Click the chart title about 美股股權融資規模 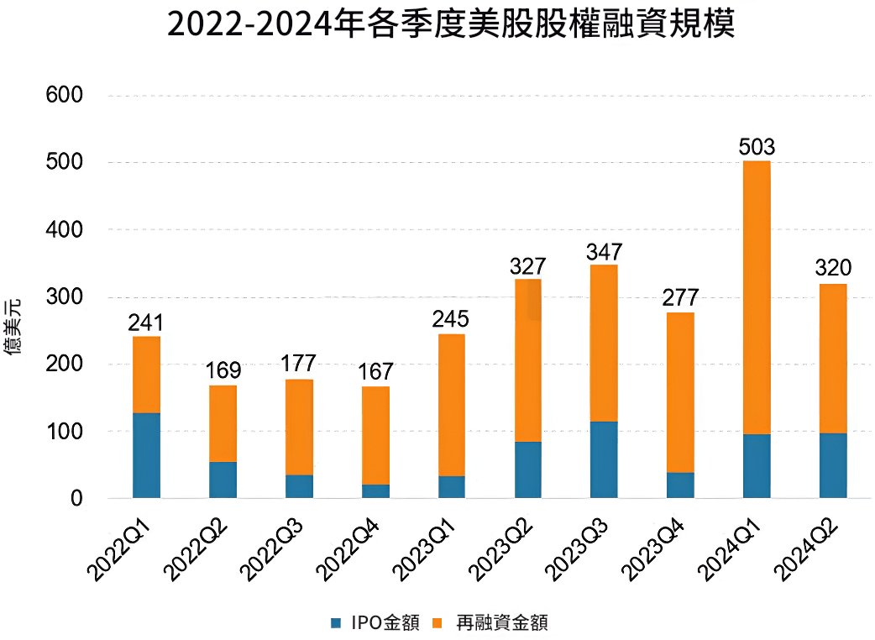pyautogui.click(x=451, y=25)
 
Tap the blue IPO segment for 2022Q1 pyautogui.click(x=146, y=455)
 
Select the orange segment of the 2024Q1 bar pyautogui.click(x=757, y=297)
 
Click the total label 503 pyautogui.click(x=757, y=148)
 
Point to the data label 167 pyautogui.click(x=375, y=372)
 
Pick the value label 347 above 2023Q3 pyautogui.click(x=604, y=251)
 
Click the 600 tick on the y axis pyautogui.click(x=65, y=96)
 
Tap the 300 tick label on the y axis pyautogui.click(x=65, y=297)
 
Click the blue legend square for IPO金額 pyautogui.click(x=337, y=622)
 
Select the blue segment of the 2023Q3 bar pyautogui.click(x=604, y=459)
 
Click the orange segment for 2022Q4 pyautogui.click(x=375, y=435)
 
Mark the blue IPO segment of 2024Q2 pyautogui.click(x=833, y=465)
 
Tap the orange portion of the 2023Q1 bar pyautogui.click(x=452, y=405)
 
